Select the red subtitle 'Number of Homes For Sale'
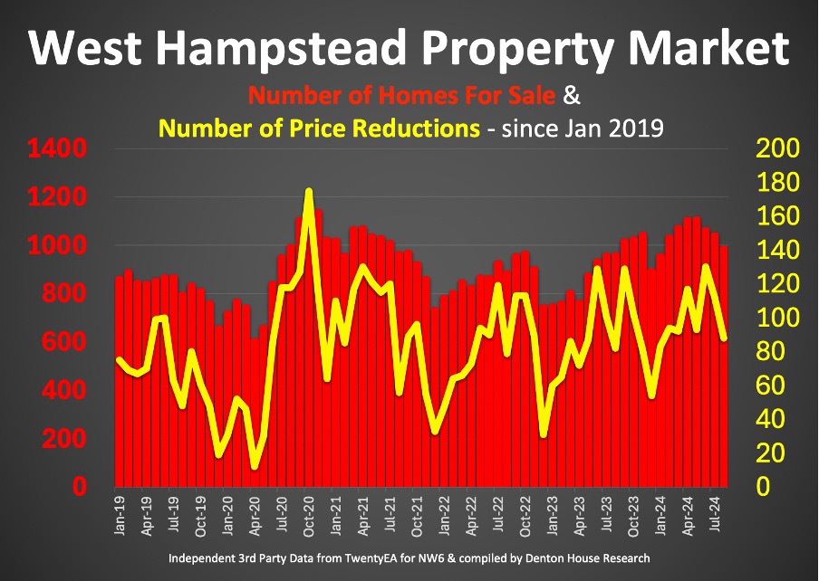tap(403, 95)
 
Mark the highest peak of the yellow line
tap(309, 191)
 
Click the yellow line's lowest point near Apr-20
tap(255, 467)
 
